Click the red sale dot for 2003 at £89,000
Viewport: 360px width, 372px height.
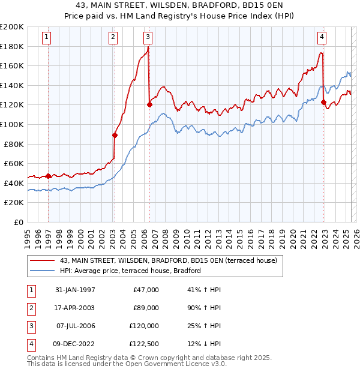pos(115,135)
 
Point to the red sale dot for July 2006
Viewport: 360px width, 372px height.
pos(149,104)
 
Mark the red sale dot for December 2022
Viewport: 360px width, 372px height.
pos(323,102)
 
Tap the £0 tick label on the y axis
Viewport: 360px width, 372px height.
pos(19,222)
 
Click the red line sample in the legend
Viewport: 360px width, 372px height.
pos(42,260)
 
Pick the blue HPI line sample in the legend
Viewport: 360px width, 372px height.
pos(42,271)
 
